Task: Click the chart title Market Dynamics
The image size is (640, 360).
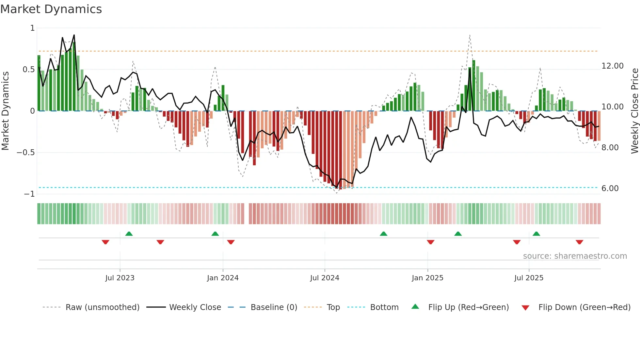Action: click(51, 9)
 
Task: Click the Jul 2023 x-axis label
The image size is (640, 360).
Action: click(120, 278)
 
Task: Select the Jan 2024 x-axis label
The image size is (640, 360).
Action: click(223, 278)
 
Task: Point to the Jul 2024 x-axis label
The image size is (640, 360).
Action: click(325, 278)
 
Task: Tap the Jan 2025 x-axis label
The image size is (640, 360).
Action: click(427, 278)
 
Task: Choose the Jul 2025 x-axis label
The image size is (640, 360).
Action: click(529, 278)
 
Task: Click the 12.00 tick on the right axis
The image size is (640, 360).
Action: click(613, 66)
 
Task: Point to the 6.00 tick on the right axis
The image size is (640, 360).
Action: click(610, 188)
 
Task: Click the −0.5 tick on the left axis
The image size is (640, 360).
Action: click(25, 153)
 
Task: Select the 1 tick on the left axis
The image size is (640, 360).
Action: click(32, 28)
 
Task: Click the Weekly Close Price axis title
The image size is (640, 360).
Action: click(634, 111)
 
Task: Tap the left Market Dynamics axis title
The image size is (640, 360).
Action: click(5, 111)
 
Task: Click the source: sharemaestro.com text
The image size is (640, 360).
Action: click(575, 256)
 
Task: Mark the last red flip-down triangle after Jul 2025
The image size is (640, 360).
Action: click(579, 242)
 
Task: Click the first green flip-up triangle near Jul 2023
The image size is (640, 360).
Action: click(129, 234)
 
